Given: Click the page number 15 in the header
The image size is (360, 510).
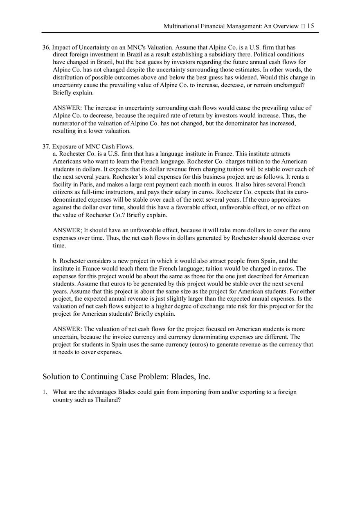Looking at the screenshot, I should pos(310,26).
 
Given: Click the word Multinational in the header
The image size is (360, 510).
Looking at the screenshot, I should pos(181,26).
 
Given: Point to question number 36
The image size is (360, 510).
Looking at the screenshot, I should pos(46,47).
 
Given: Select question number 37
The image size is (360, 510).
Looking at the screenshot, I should pos(46,146).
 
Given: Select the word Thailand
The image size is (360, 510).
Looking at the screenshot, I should pos(107,400).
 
